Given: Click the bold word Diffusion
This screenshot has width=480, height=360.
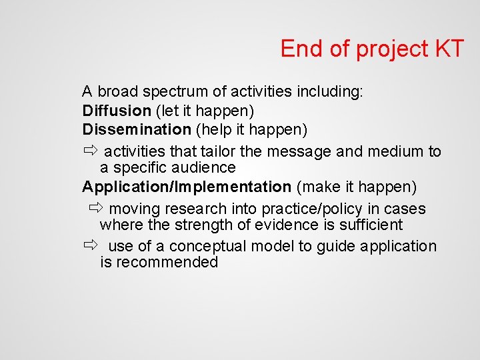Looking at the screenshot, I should tap(117, 109).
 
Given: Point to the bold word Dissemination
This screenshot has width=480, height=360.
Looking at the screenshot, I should tap(137, 128).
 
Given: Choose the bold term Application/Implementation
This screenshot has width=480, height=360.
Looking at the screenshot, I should tap(187, 186).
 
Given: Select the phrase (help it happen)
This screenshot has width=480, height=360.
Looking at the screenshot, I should tap(251, 128).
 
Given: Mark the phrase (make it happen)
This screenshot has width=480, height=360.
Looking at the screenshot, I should tap(357, 186).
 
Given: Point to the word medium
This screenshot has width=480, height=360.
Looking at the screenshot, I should tap(394, 151).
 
